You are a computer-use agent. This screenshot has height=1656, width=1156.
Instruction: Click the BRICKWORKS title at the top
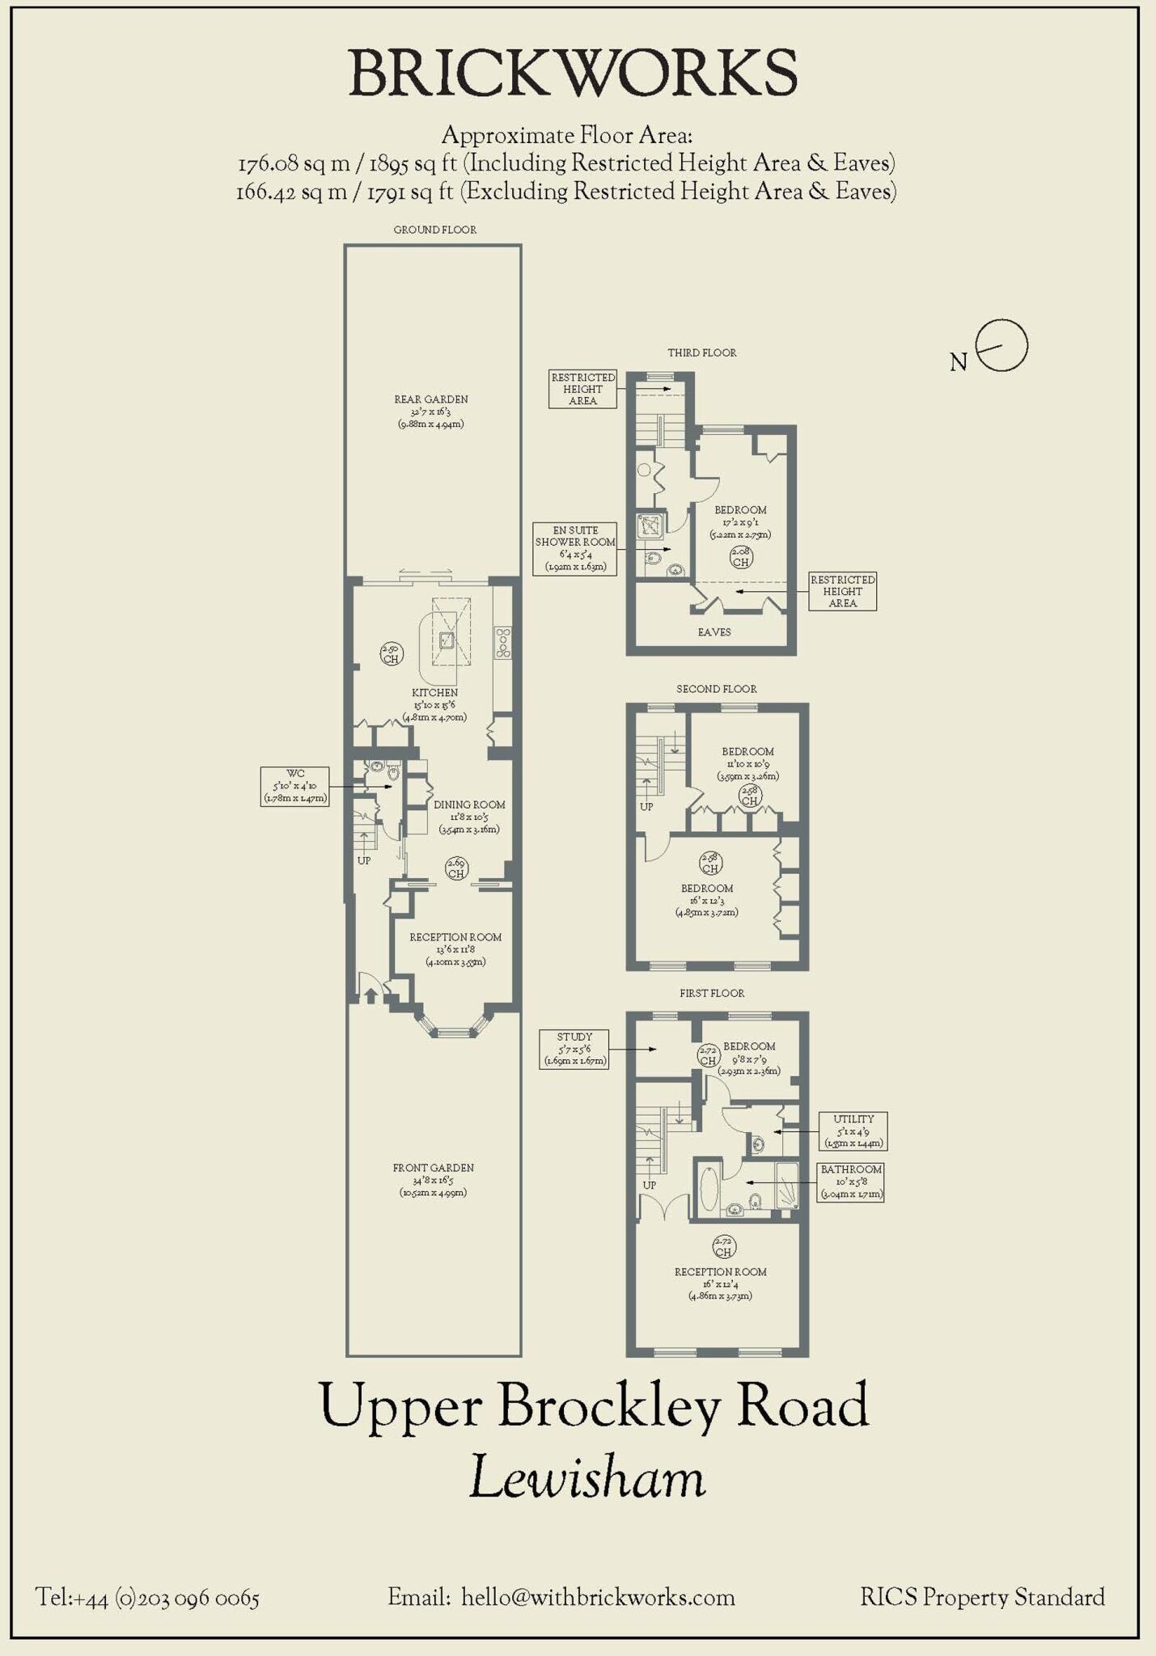click(573, 74)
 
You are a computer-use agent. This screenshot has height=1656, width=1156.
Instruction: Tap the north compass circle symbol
click(1001, 345)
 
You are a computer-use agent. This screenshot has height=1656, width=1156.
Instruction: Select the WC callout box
click(294, 786)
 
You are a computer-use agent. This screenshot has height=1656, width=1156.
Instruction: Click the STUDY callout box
click(574, 1049)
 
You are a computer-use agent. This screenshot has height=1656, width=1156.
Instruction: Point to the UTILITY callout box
click(853, 1130)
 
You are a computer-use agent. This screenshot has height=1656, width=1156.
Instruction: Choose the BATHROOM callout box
click(850, 1181)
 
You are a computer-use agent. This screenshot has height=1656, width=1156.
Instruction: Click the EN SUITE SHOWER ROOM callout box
click(575, 548)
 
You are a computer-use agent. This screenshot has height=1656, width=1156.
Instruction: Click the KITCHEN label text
click(435, 692)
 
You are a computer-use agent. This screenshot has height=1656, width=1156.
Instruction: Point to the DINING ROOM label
click(469, 805)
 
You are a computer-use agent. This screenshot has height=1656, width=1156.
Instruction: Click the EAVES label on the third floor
click(714, 632)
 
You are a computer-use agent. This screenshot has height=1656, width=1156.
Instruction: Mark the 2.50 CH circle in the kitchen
click(392, 653)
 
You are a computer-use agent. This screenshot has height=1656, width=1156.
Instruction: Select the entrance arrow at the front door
click(371, 995)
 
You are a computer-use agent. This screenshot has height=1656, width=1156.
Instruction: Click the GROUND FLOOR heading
click(434, 230)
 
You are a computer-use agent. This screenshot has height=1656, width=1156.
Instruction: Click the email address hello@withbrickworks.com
click(598, 1597)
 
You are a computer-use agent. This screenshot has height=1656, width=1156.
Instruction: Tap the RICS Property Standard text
click(982, 1597)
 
